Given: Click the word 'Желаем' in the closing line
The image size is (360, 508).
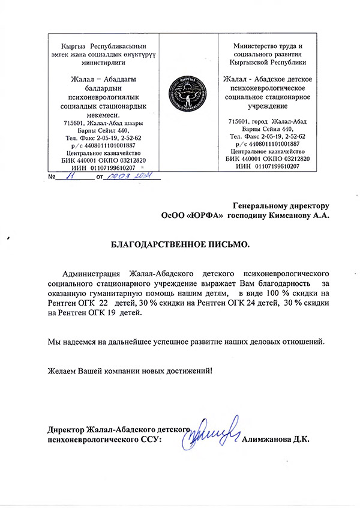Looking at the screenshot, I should coord(62,370).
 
